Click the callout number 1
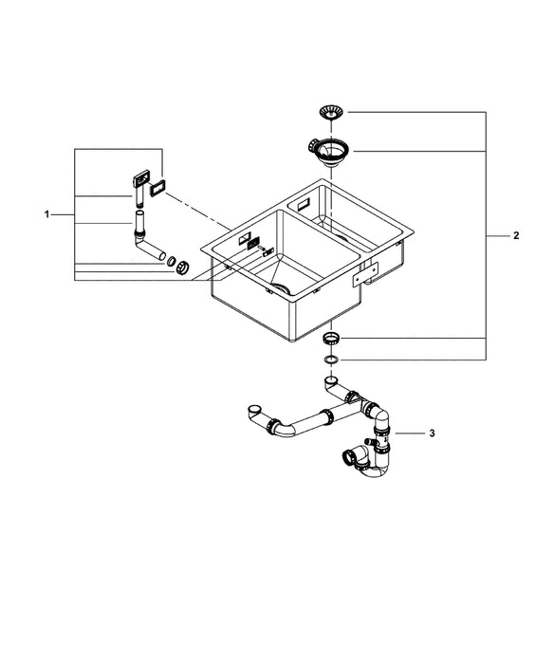click(46, 215)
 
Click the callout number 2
click(515, 234)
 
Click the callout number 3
click(432, 433)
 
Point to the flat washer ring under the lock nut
click(330, 360)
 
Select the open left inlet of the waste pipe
click(250, 411)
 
